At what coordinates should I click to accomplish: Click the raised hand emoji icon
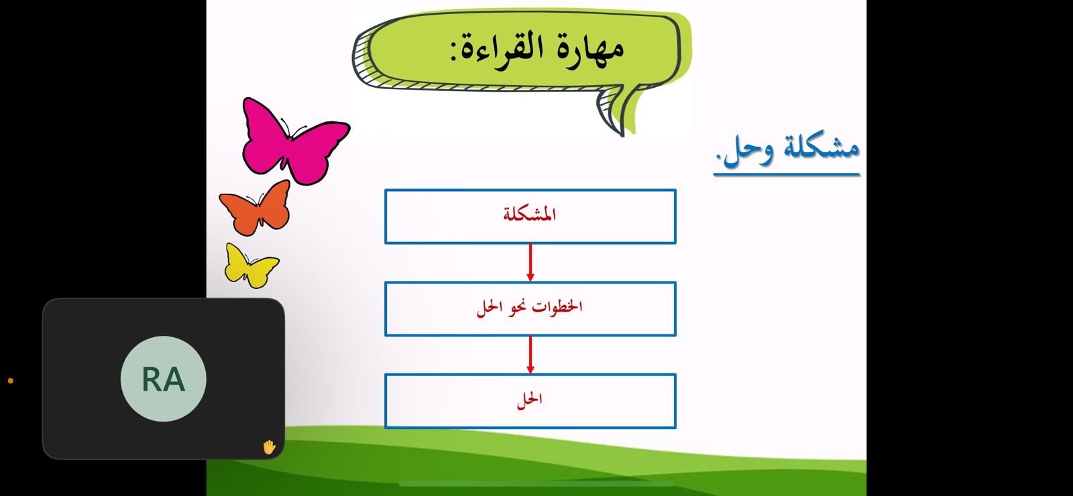pyautogui.click(x=269, y=447)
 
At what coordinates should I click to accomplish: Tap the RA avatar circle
pyautogui.click(x=164, y=379)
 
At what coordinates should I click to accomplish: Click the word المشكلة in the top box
pyautogui.click(x=529, y=214)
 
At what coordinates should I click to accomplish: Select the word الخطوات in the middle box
pyautogui.click(x=557, y=306)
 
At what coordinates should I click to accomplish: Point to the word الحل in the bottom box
pyautogui.click(x=529, y=399)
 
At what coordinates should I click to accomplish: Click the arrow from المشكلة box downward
pyautogui.click(x=530, y=262)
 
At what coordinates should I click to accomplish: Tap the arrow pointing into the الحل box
pyautogui.click(x=530, y=355)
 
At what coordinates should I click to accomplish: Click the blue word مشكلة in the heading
pyautogui.click(x=821, y=147)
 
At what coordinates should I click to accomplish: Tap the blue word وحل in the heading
pyautogui.click(x=748, y=151)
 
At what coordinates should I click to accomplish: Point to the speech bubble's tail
pyautogui.click(x=616, y=113)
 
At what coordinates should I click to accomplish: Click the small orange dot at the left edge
pyautogui.click(x=11, y=381)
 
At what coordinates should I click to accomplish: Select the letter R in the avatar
pyautogui.click(x=152, y=379)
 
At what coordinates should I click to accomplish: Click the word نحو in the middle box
pyautogui.click(x=516, y=308)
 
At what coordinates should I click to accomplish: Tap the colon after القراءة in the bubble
pyautogui.click(x=453, y=52)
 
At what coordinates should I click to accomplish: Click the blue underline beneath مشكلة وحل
pyautogui.click(x=787, y=174)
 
